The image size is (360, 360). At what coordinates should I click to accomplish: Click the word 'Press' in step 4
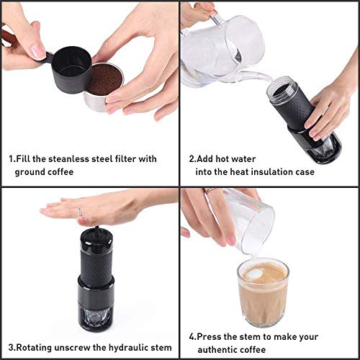click(212, 336)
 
